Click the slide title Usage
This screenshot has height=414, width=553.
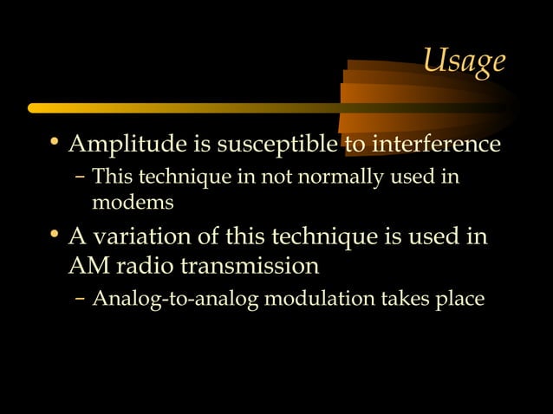[463, 61]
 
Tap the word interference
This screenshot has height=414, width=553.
[424, 143]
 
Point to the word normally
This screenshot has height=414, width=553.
[338, 179]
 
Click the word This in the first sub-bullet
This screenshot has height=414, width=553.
[109, 179]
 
